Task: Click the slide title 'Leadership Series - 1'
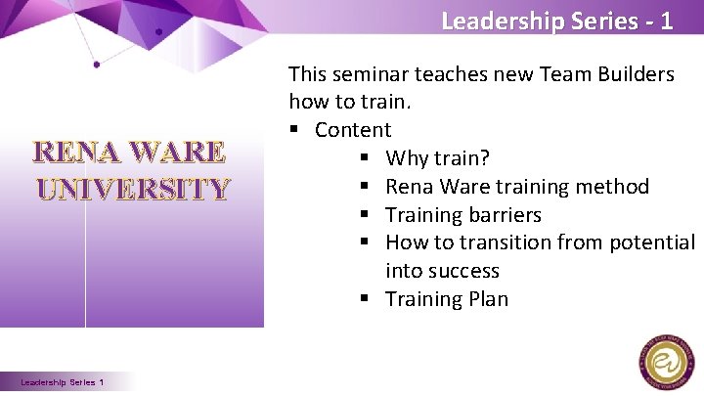[556, 21]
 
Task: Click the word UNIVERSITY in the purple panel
[133, 188]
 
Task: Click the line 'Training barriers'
[462, 215]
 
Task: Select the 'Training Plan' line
[447, 299]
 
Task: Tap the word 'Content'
[352, 130]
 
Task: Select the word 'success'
[463, 271]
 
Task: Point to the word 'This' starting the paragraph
[309, 74]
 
